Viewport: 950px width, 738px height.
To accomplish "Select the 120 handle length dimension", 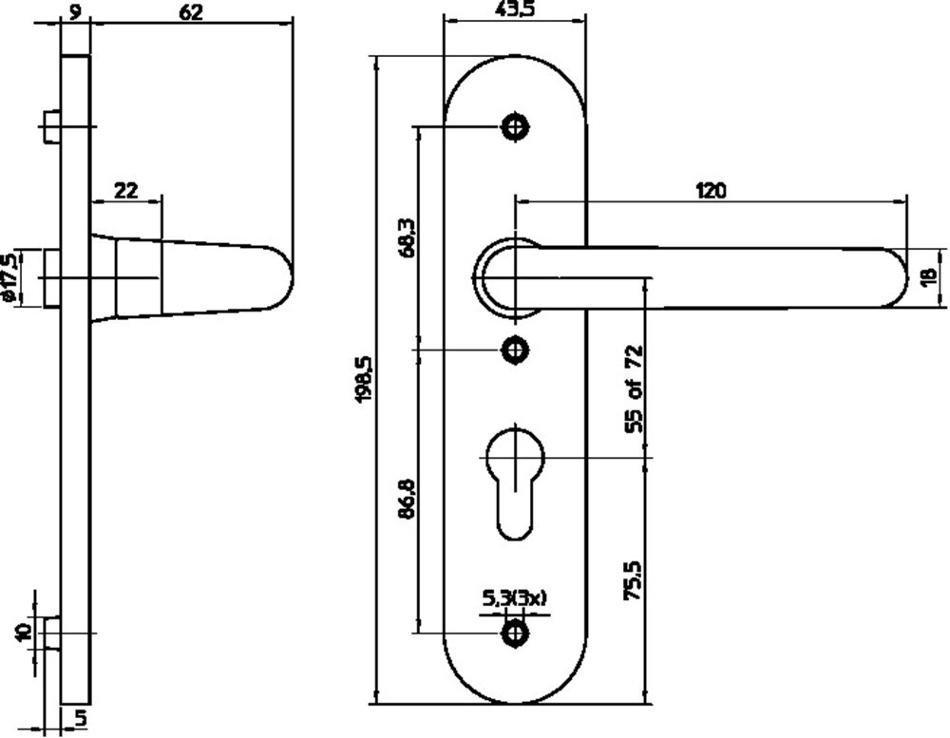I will (711, 190).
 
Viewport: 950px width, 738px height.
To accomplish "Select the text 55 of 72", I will (634, 390).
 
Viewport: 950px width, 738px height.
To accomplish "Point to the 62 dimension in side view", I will (191, 11).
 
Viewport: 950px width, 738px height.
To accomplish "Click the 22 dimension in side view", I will (125, 190).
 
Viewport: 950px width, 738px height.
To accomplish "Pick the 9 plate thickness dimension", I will (75, 11).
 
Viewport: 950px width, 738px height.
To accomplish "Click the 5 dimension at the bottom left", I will (83, 718).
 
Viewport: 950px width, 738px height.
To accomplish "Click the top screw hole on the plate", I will (516, 125).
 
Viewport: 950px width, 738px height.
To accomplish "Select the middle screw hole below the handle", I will (516, 350).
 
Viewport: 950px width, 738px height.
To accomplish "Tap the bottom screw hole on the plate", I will (516, 631).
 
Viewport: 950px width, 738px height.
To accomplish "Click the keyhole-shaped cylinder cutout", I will (515, 475).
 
